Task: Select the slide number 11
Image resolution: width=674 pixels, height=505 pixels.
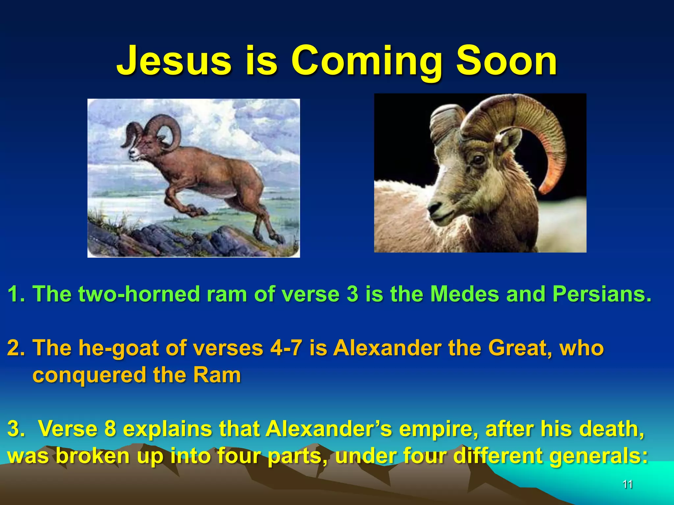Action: [628, 484]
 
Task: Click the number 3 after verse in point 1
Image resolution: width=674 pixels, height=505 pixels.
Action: [352, 293]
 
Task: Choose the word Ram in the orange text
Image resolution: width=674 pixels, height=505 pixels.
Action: [217, 375]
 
